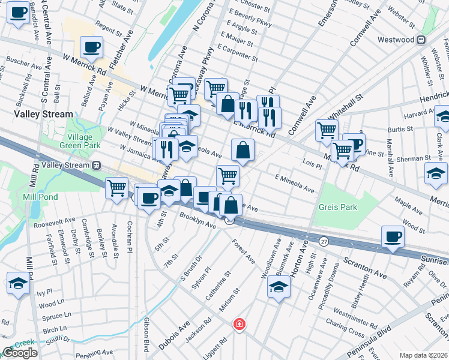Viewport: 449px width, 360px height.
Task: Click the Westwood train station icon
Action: coord(421,40)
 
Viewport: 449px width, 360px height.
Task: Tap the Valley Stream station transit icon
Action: coord(95,165)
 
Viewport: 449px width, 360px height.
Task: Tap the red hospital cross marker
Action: coord(240,325)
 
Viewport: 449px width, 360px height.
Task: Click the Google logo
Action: coord(20,353)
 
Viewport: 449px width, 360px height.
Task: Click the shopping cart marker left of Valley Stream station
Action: coord(116,188)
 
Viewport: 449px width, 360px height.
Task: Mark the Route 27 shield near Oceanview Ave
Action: coord(324,241)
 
